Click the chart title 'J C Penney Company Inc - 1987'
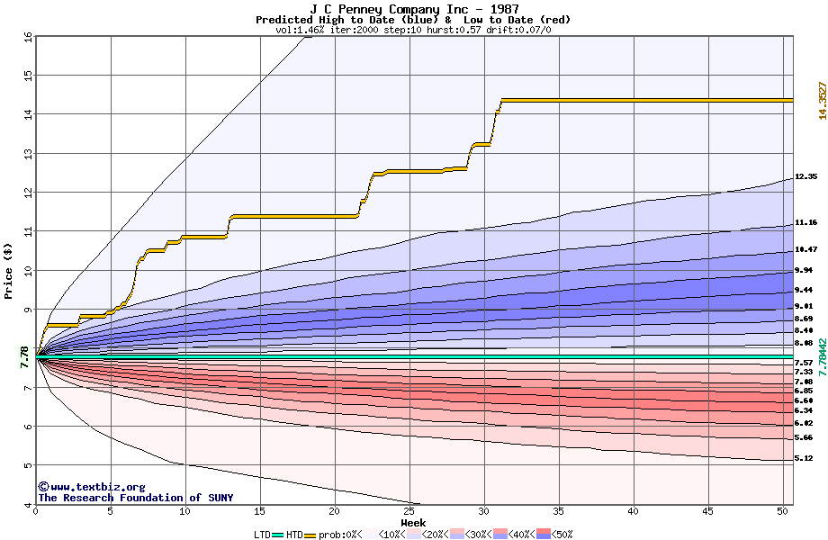413,8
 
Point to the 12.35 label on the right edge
805,177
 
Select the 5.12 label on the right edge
804,459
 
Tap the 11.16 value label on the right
805,222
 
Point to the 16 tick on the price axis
27,37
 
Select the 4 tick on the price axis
27,504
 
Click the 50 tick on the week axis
783,512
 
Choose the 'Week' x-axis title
413,523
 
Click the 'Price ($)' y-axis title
9,270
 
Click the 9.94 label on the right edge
804,270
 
